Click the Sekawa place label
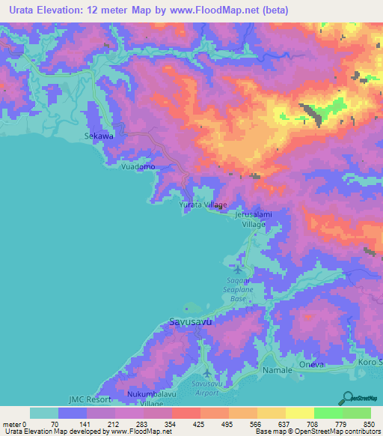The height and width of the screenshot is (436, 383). click(98, 136)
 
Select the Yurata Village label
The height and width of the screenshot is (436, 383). click(203, 204)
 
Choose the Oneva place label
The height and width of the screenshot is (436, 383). click(312, 364)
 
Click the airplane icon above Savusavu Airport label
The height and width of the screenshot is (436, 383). click(207, 372)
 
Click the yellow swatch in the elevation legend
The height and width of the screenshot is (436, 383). click(299, 413)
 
